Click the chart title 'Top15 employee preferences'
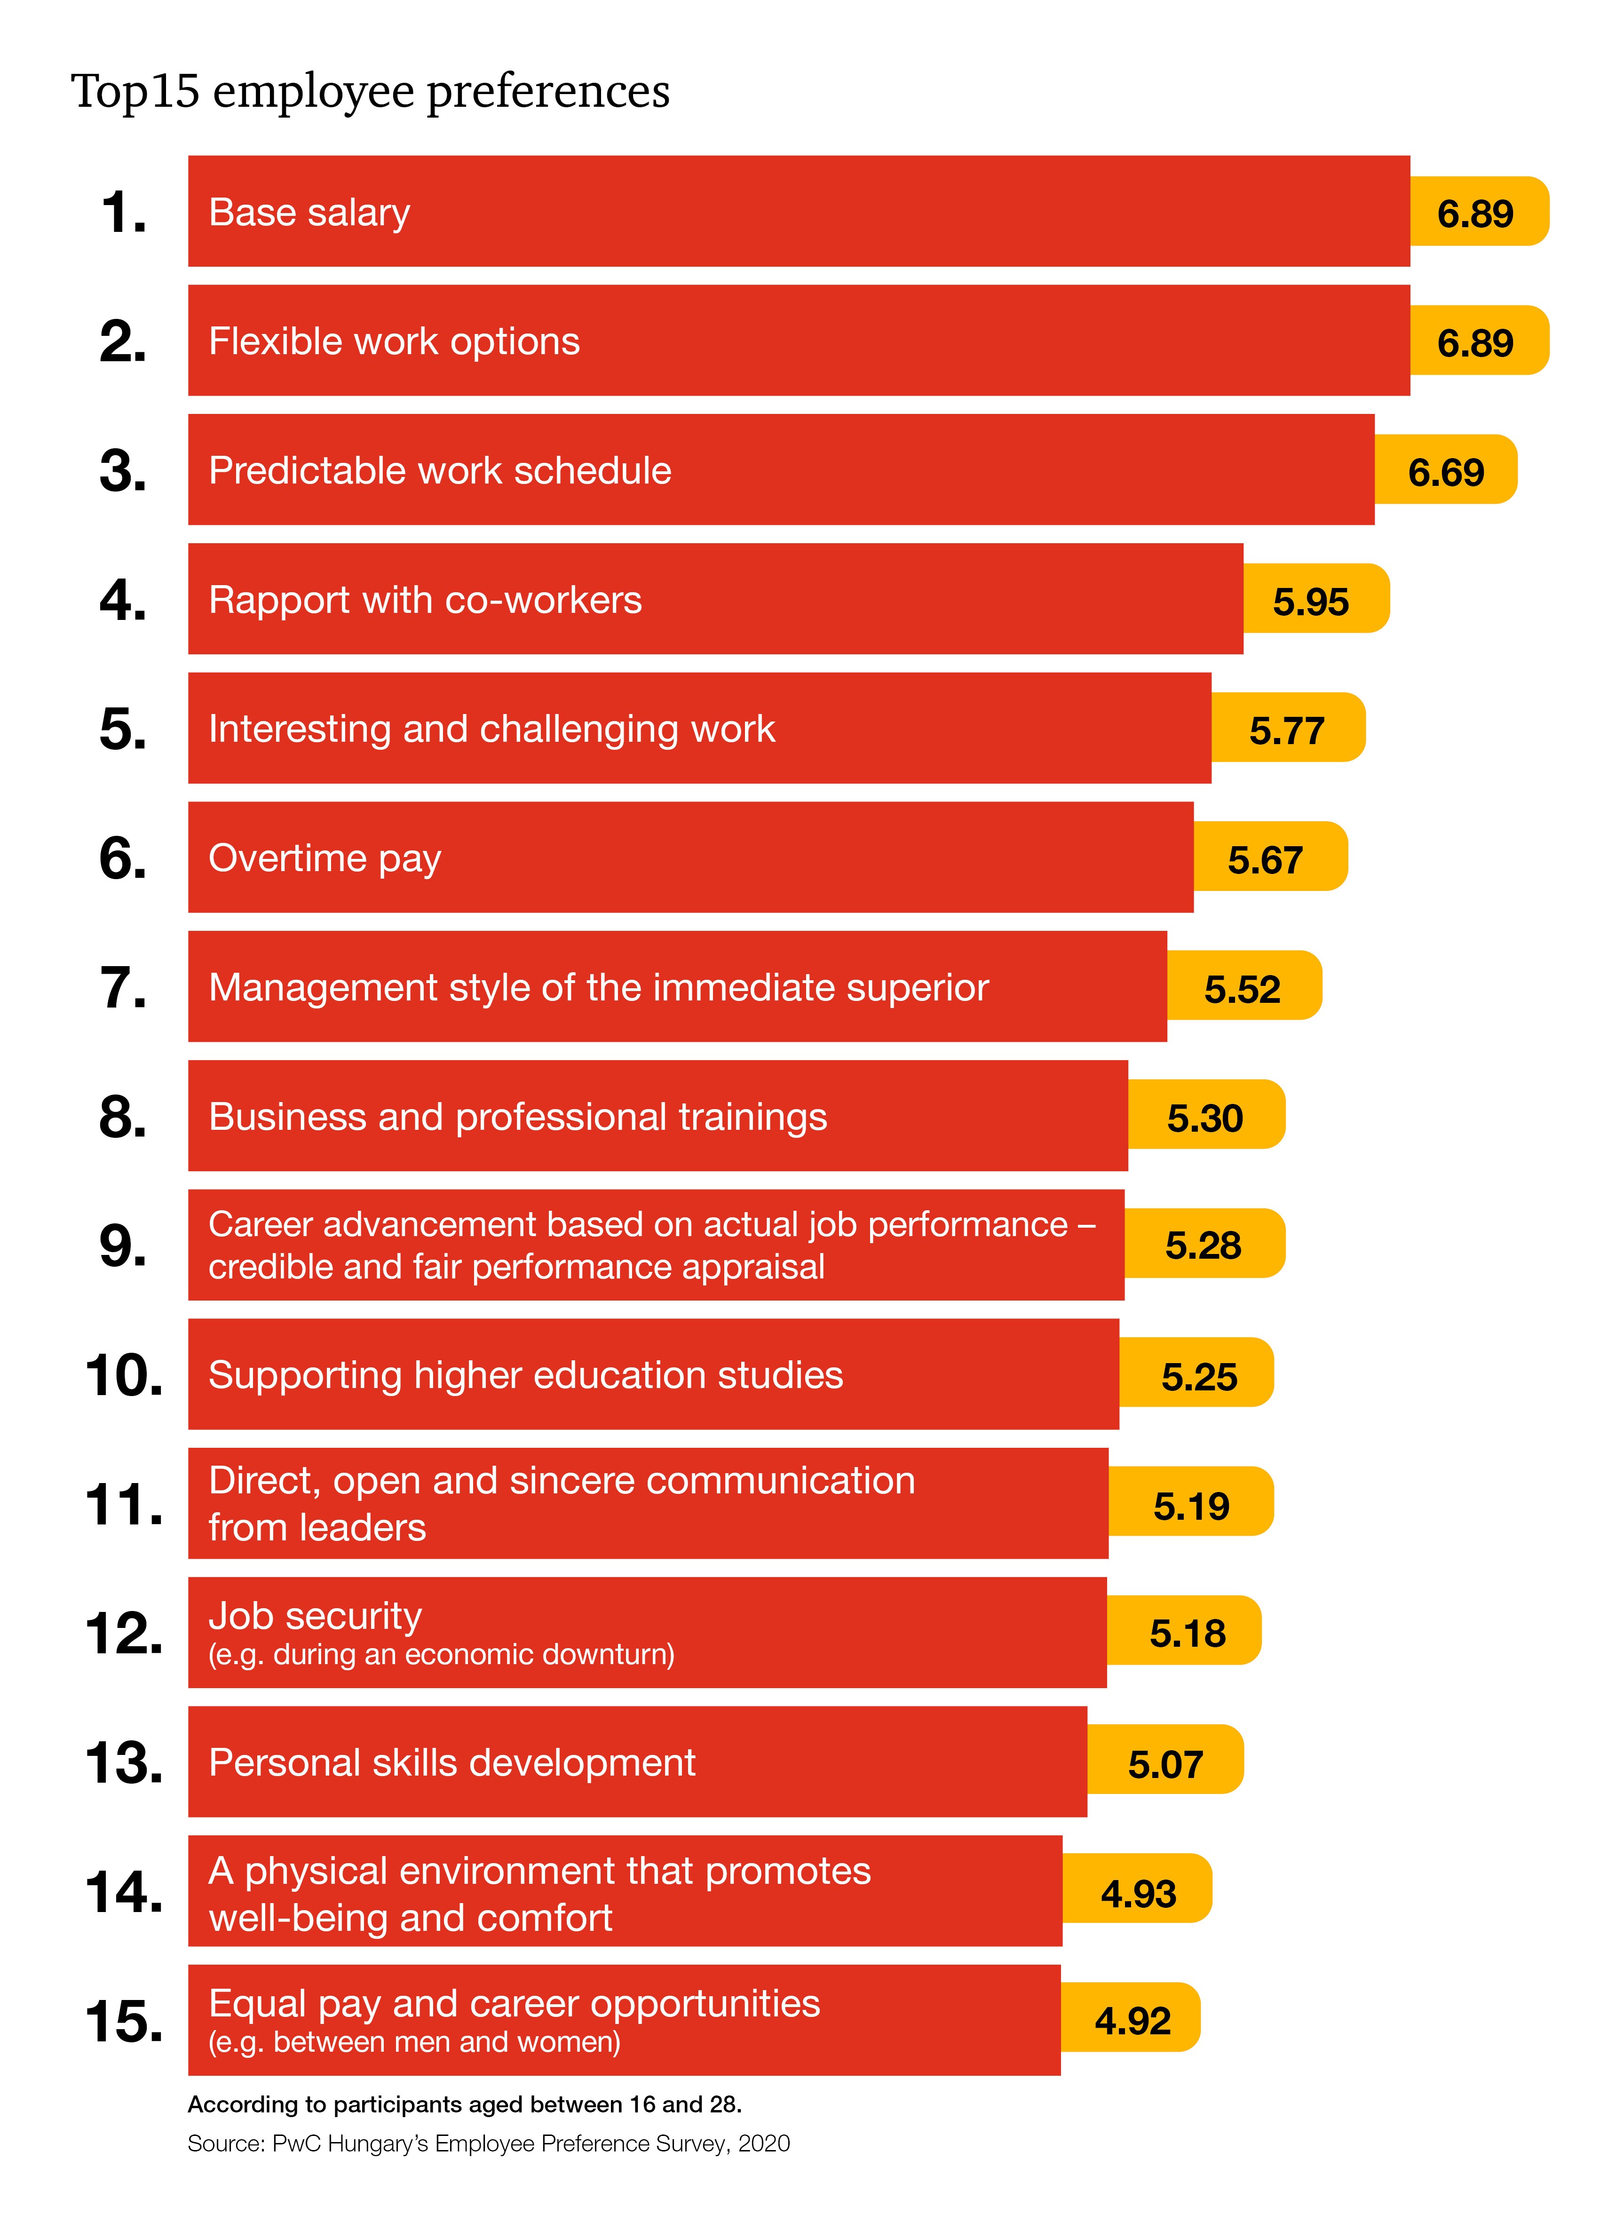[370, 91]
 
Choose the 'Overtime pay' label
[325, 858]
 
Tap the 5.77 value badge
[1286, 730]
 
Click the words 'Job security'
[315, 1616]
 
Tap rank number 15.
[123, 2020]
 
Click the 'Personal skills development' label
[451, 1762]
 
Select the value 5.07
[1165, 1763]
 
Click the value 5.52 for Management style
[1242, 989]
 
